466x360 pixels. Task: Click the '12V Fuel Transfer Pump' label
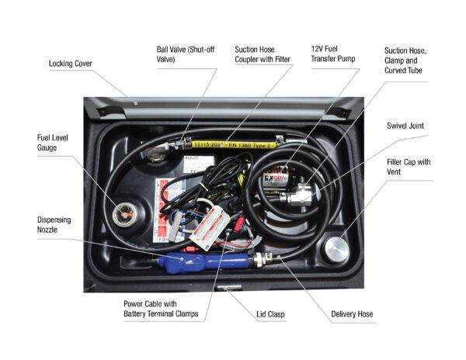333,55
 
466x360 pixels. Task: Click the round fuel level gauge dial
123,214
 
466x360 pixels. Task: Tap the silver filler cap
336,249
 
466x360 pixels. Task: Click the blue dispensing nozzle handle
186,259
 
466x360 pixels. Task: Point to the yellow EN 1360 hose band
234,144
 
